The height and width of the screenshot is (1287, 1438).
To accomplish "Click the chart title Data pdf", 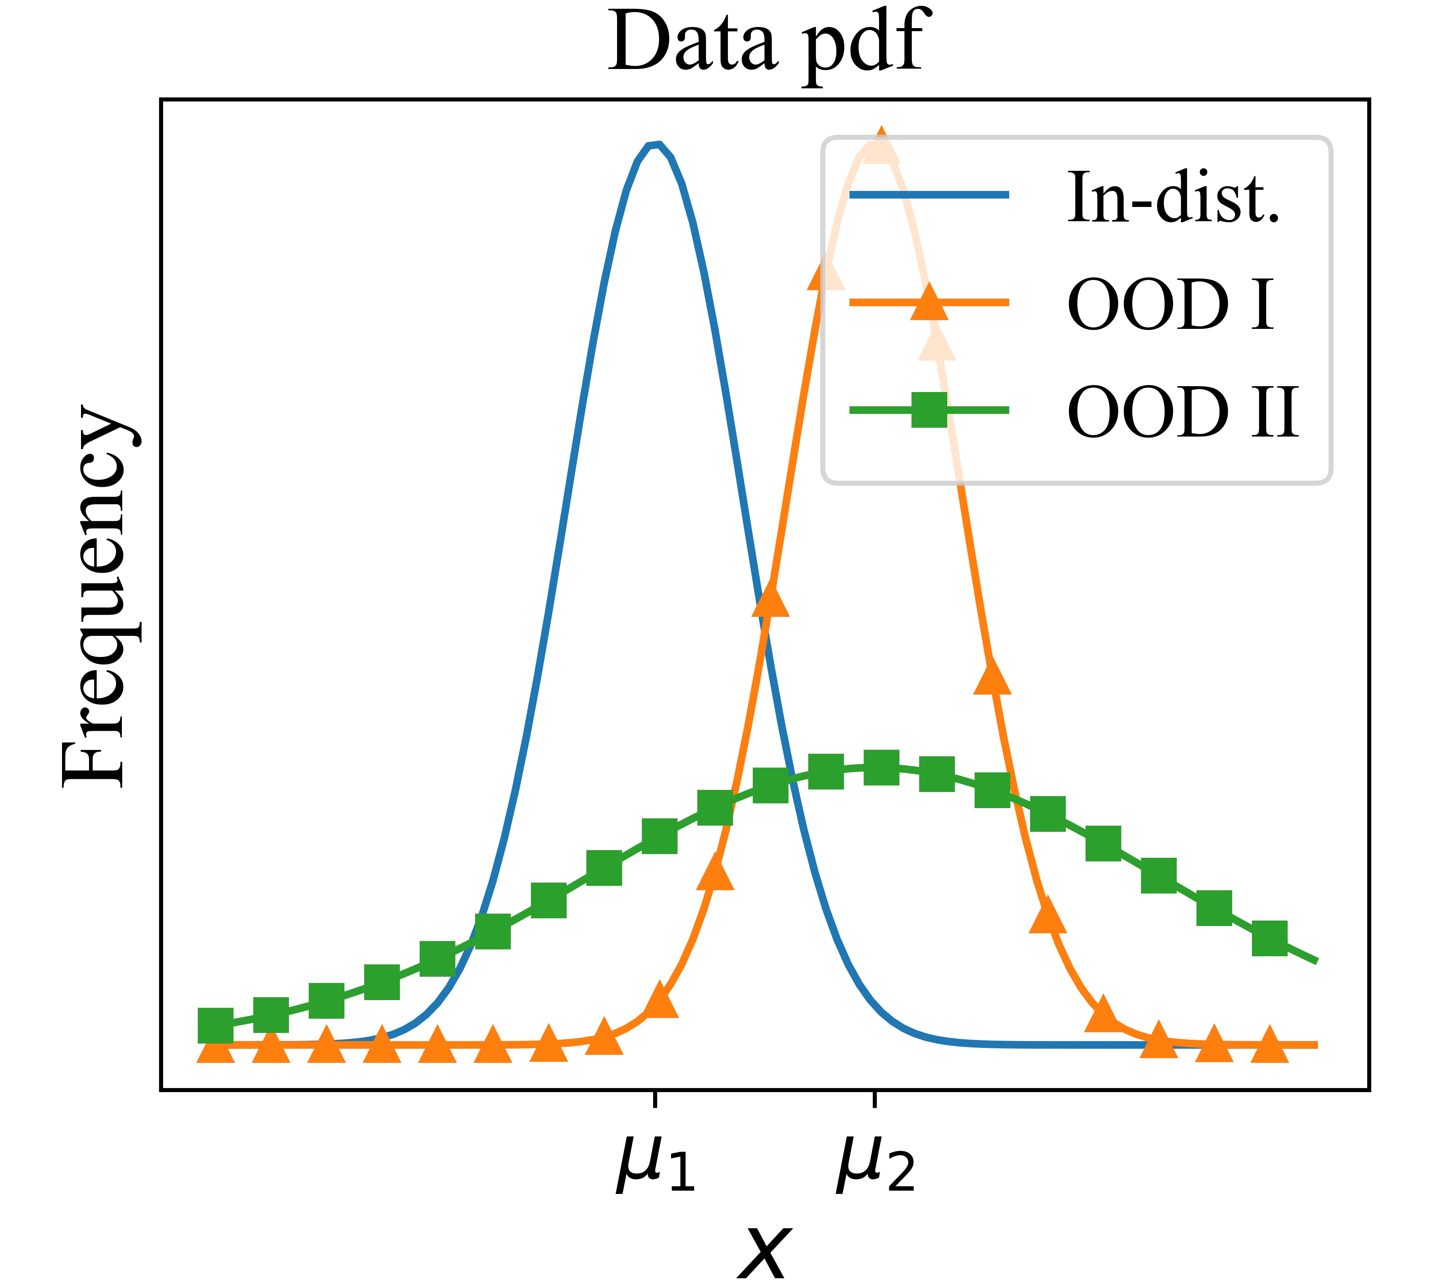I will (767, 44).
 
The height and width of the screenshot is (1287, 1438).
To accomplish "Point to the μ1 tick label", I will (655, 1165).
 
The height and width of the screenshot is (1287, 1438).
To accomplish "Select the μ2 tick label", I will (875, 1165).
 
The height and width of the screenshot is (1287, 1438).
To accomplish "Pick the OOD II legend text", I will (1182, 412).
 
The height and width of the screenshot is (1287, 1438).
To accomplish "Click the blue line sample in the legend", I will (929, 195).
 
